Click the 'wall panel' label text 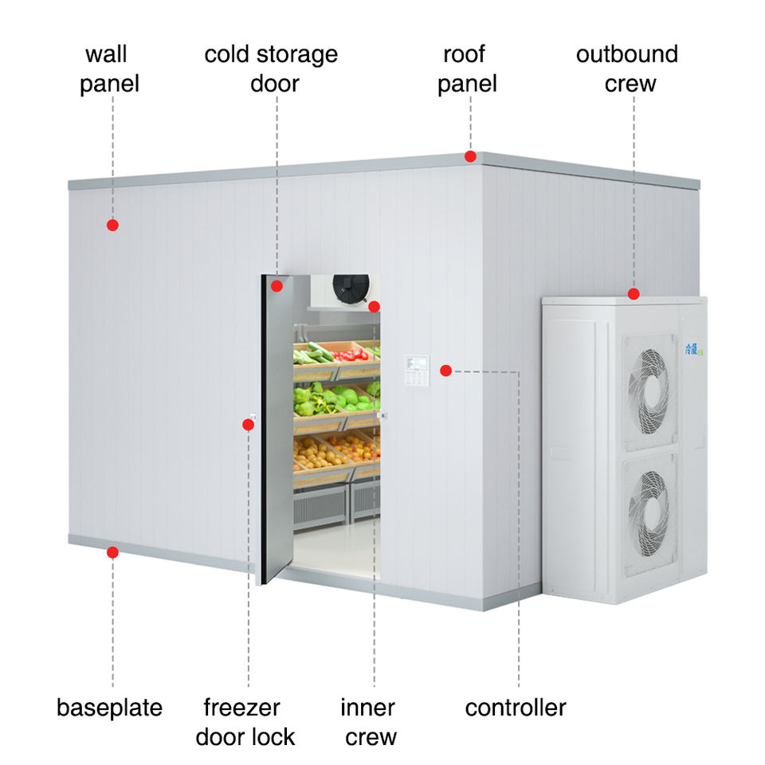pyautogui.click(x=109, y=69)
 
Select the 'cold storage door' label pyautogui.click(x=271, y=69)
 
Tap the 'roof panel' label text pyautogui.click(x=467, y=69)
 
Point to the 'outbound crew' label pyautogui.click(x=627, y=69)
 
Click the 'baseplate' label pyautogui.click(x=109, y=707)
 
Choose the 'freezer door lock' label pyautogui.click(x=245, y=721)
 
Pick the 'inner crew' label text pyautogui.click(x=368, y=721)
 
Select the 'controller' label pyautogui.click(x=516, y=707)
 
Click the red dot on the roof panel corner pyautogui.click(x=471, y=157)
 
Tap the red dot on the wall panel pyautogui.click(x=112, y=226)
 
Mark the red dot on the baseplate pyautogui.click(x=112, y=551)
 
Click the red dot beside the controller pyautogui.click(x=445, y=370)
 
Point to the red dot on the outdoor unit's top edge pyautogui.click(x=634, y=294)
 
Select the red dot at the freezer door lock pyautogui.click(x=249, y=425)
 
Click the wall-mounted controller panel pyautogui.click(x=415, y=371)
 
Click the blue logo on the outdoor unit pyautogui.click(x=689, y=349)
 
